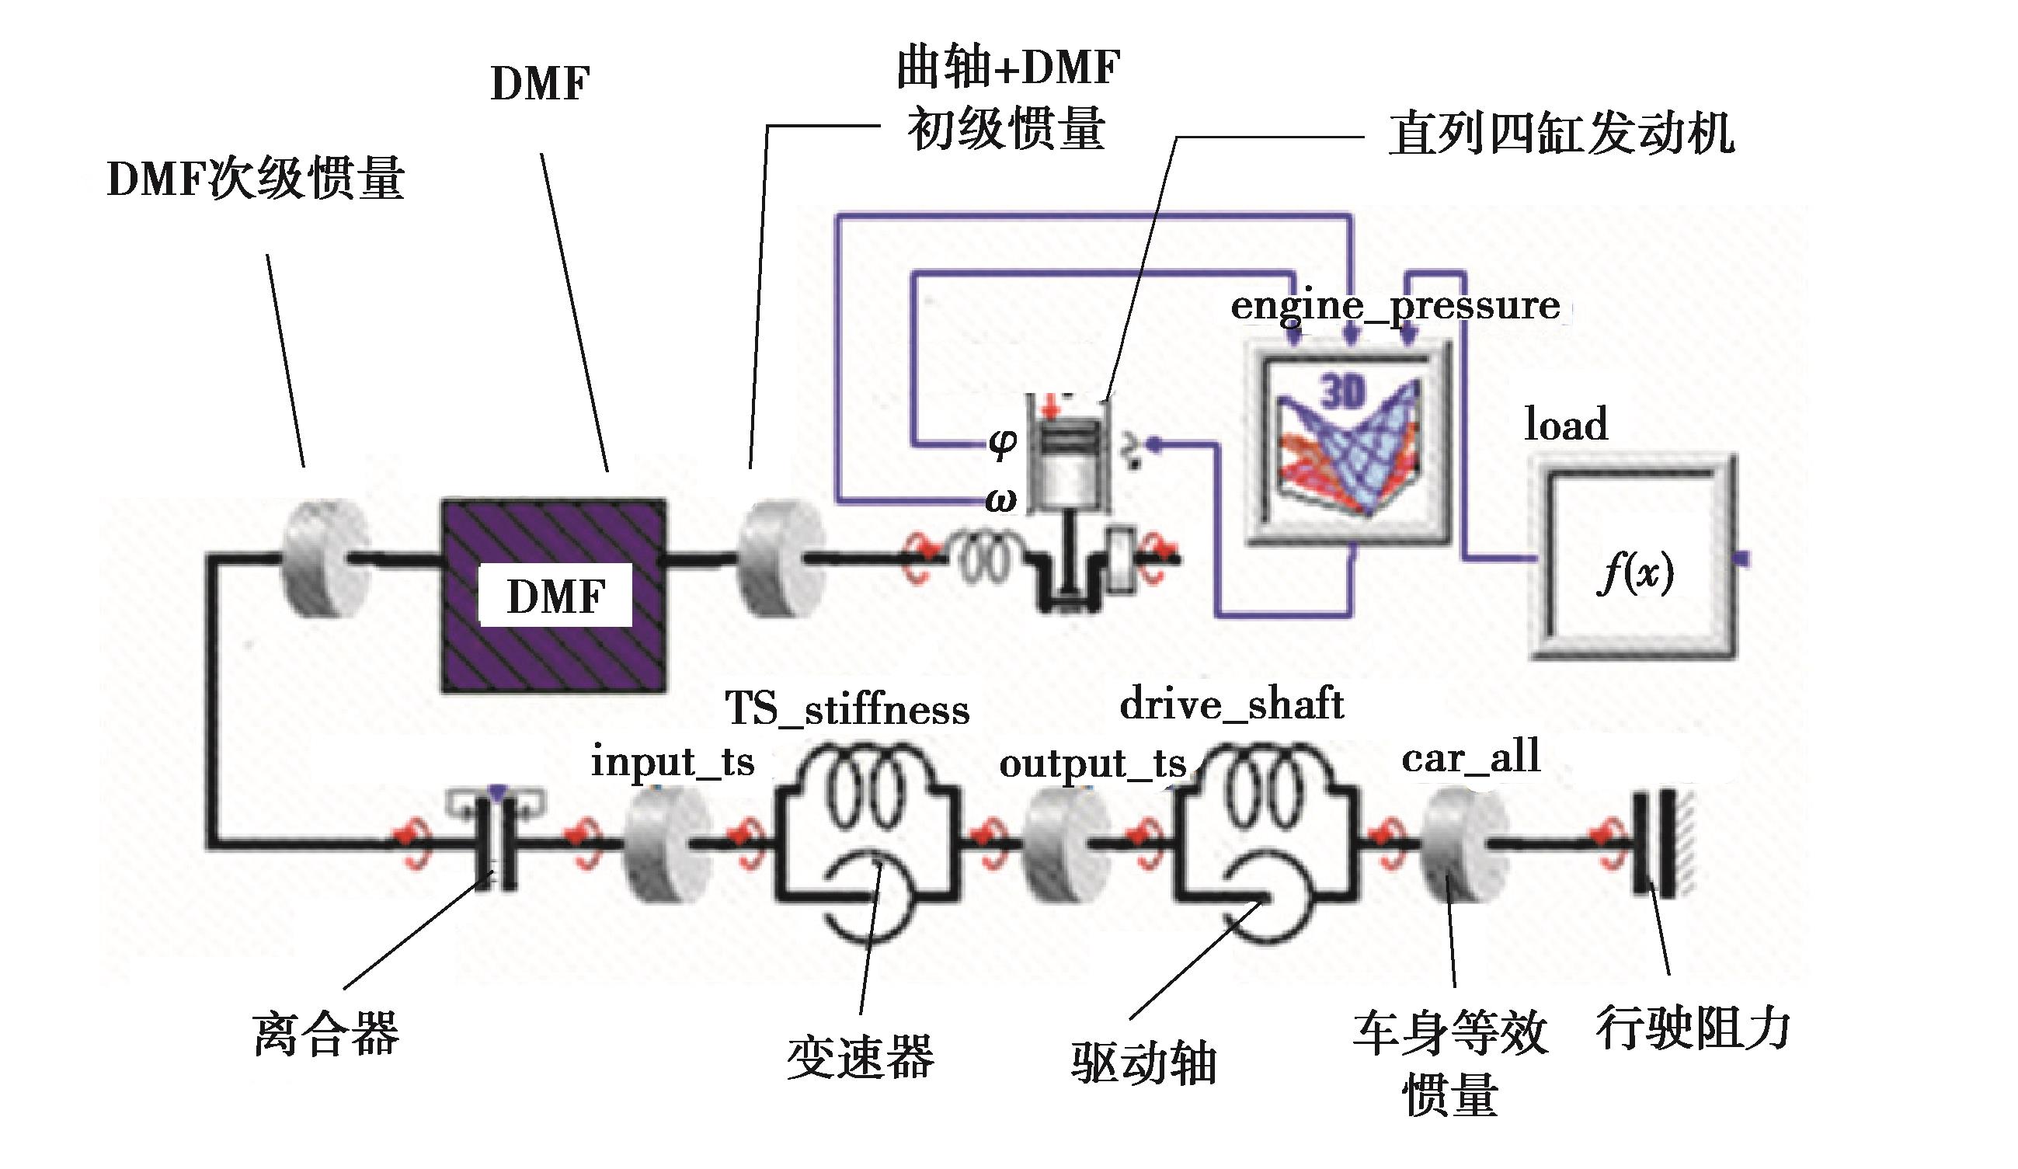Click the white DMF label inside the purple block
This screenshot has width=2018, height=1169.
coord(555,595)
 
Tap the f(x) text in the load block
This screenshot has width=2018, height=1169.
coord(1634,573)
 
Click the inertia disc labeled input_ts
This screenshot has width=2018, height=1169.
coord(667,843)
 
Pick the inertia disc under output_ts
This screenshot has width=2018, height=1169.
coord(1066,843)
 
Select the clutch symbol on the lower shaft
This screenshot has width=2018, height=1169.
coord(496,840)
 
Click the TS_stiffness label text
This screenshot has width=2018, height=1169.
coord(847,709)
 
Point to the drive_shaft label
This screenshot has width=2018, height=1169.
coord(1231,705)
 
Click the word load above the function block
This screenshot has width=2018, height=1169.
coord(1566,424)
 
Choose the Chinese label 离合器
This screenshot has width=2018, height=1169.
coord(326,1034)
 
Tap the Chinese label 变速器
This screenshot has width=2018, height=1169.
coord(861,1057)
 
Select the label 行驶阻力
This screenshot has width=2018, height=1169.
coord(1693,1028)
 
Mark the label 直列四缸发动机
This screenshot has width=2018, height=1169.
coord(1561,134)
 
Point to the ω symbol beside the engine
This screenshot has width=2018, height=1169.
coord(1001,501)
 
